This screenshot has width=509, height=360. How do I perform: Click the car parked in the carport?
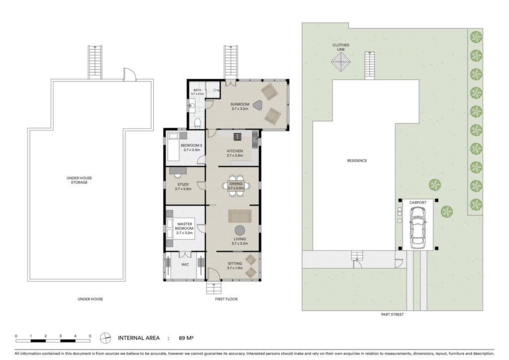pos(418,227)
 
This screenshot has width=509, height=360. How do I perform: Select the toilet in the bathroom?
pos(198,122)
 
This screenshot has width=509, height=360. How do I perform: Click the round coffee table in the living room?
pos(240,231)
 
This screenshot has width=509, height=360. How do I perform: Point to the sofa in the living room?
pos(240,216)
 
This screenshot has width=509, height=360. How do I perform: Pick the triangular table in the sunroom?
pos(257,105)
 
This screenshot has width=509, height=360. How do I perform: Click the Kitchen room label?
pos(235,151)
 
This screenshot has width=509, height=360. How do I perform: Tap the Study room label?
pos(183,184)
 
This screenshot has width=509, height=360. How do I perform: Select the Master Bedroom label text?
pos(184,226)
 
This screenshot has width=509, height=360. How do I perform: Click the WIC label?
pos(185,265)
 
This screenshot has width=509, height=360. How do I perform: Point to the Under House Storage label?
pos(79,180)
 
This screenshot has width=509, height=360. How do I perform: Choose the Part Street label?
pos(392,314)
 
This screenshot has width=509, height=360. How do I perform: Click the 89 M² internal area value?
pos(186,338)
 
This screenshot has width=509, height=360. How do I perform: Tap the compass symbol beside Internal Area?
pos(105,338)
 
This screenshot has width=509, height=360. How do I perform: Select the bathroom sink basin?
pos(191,106)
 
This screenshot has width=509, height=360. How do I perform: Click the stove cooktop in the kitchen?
pos(238,136)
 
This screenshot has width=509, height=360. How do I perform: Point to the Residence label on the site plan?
pos(357,161)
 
